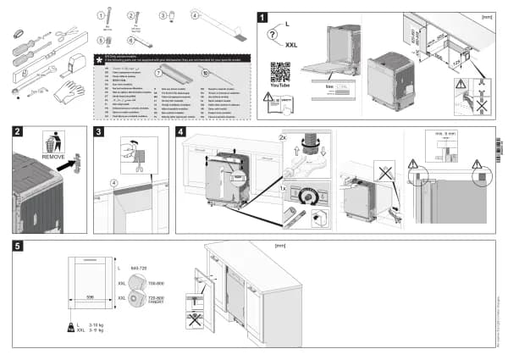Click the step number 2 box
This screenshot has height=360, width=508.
click(x=18, y=132)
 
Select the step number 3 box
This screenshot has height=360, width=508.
click(x=99, y=132)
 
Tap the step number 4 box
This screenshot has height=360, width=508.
click(x=181, y=132)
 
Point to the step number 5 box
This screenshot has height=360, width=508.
click(x=18, y=246)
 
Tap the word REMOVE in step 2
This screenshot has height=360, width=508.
click(x=52, y=157)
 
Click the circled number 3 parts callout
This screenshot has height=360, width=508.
click(x=163, y=15)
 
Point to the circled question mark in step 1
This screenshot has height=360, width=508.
click(x=273, y=35)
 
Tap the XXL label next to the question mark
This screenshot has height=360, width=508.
click(x=291, y=45)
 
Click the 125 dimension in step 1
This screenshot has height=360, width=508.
click(x=456, y=63)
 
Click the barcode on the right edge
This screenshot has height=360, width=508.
click(x=497, y=144)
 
